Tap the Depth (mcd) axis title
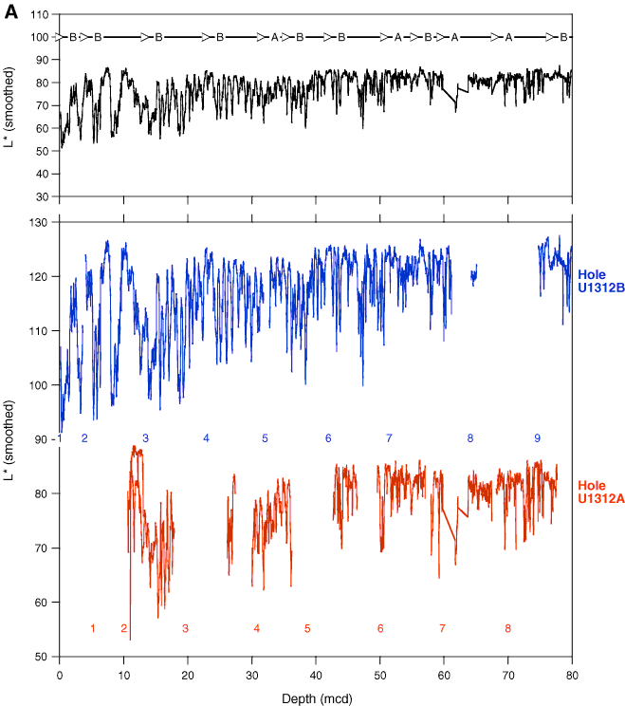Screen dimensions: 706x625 (316, 697)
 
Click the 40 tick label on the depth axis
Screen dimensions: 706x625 (316, 678)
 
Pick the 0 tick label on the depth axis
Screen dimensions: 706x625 (60, 678)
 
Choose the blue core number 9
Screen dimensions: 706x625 (537, 437)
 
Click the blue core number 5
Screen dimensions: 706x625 (266, 437)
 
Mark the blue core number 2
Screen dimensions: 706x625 (84, 437)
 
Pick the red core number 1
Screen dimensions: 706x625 (93, 628)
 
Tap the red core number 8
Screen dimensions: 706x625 (507, 628)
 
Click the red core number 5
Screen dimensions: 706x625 (307, 628)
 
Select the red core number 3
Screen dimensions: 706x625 (185, 628)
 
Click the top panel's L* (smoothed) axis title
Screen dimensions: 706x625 (10, 104)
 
